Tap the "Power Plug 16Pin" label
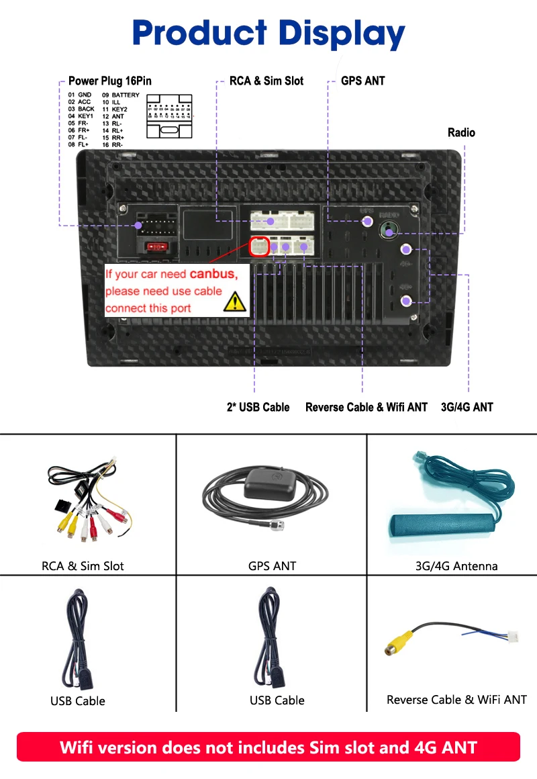click(x=110, y=81)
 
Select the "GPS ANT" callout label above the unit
click(x=362, y=81)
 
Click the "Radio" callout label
click(x=461, y=132)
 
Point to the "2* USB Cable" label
click(x=258, y=407)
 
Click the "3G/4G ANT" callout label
click(x=467, y=407)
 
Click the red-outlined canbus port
click(x=260, y=247)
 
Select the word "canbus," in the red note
click(x=213, y=274)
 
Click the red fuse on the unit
click(x=157, y=246)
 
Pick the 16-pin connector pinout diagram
click(x=169, y=116)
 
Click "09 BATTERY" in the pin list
click(x=121, y=95)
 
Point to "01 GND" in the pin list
click(x=80, y=95)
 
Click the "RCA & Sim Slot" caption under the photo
click(x=83, y=566)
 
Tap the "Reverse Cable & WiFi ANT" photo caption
click(x=456, y=700)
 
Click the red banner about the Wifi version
click(x=268, y=747)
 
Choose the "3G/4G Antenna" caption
click(x=456, y=566)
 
